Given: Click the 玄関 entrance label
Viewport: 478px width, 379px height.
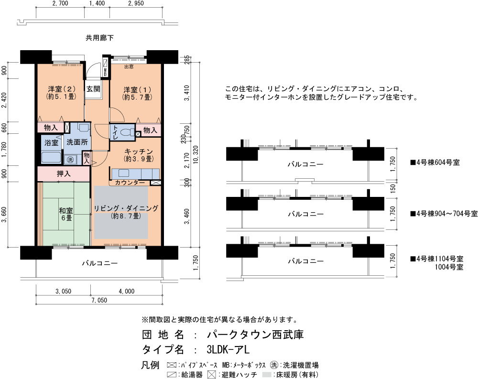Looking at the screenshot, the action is [93, 89].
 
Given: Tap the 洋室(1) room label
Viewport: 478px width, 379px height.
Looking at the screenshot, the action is [137, 93].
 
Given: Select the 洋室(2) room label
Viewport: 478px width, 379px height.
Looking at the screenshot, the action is [61, 93].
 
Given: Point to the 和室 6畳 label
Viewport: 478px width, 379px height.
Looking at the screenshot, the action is [66, 214].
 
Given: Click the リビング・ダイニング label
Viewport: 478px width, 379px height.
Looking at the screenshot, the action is [126, 212].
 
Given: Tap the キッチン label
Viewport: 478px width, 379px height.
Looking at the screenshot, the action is [139, 155].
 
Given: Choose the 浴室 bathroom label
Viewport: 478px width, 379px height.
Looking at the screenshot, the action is [51, 143].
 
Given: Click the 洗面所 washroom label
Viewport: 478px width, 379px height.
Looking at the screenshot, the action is [77, 142].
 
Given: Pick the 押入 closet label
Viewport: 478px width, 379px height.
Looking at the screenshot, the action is [64, 174].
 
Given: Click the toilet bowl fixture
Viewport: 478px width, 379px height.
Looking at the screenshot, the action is [128, 132].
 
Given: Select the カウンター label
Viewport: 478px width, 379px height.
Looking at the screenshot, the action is [130, 183].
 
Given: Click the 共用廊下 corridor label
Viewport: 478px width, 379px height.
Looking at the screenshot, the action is [99, 38].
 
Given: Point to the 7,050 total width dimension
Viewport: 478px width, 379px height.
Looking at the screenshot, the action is [99, 300].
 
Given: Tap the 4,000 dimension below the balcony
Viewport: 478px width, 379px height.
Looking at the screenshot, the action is [126, 291].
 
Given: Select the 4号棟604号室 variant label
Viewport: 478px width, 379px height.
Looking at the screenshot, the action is [435, 162].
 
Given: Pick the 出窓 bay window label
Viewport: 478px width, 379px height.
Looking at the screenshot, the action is [129, 66].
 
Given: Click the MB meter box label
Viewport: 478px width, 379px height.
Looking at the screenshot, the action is [105, 73].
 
